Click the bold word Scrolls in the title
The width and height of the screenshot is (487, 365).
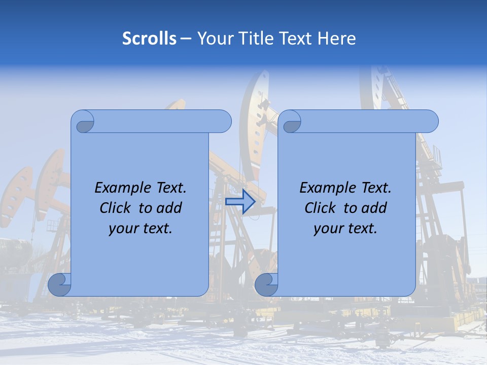click(x=149, y=39)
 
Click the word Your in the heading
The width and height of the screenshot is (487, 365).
click(x=214, y=39)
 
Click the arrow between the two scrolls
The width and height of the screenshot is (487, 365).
click(x=240, y=201)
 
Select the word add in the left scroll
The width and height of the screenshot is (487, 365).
click(x=169, y=208)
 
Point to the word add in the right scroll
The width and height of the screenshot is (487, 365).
click(x=374, y=208)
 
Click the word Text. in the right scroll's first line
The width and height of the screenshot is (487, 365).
click(x=374, y=188)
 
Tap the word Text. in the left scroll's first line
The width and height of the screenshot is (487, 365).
click(x=169, y=188)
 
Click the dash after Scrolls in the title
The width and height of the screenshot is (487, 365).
click(x=186, y=39)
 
